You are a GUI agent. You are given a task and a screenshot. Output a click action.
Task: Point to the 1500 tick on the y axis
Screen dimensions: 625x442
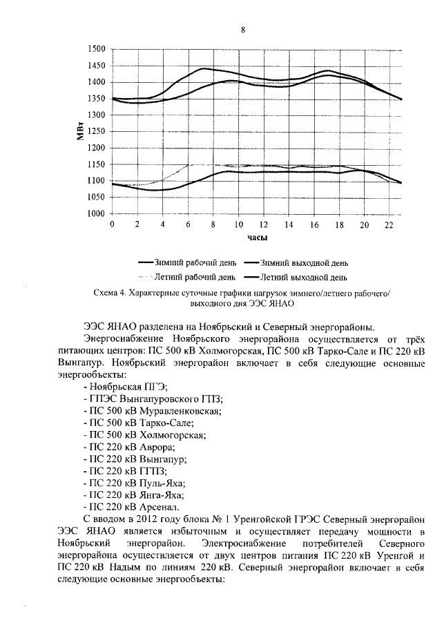pos(96,50)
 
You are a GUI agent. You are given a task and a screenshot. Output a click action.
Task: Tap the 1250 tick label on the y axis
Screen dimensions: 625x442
pos(96,132)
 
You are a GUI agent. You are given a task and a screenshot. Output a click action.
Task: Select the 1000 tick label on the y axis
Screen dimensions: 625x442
pos(96,214)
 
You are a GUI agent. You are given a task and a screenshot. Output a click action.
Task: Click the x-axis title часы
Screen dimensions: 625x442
pos(258,238)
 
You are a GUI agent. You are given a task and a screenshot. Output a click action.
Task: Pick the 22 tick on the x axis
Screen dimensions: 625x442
pos(389,225)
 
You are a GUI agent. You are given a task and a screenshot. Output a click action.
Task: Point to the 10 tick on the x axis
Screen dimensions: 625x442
pos(238,225)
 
